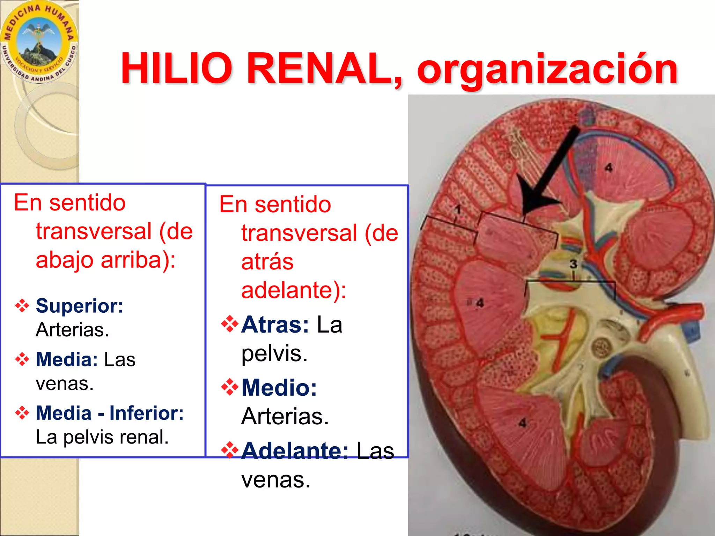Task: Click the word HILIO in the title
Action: [176, 68]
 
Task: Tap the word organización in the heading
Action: [547, 70]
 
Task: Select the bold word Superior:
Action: [79, 306]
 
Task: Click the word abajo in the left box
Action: [65, 260]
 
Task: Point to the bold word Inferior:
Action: [146, 413]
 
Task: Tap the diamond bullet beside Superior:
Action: [22, 306]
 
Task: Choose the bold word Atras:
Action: [275, 325]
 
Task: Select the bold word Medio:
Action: [279, 388]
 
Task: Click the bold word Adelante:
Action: [295, 451]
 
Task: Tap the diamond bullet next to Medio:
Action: [230, 387]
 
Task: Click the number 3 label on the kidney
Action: [573, 264]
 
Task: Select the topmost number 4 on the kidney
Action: [609, 168]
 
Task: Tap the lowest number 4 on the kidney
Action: [522, 423]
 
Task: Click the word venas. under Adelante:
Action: [276, 480]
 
